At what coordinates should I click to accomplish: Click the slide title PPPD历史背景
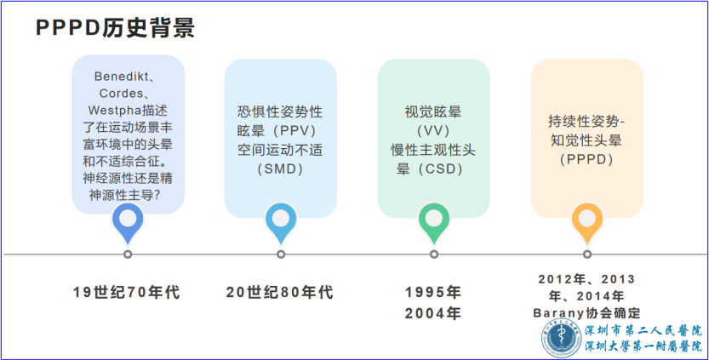pyautogui.click(x=115, y=28)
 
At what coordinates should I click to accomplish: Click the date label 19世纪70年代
pyautogui.click(x=127, y=292)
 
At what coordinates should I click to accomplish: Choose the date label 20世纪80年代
pyautogui.click(x=280, y=292)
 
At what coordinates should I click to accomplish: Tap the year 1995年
pyautogui.click(x=433, y=292)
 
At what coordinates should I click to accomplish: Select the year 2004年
pyautogui.click(x=433, y=313)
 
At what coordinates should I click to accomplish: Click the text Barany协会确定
pyautogui.click(x=587, y=313)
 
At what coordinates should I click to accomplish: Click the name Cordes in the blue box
pyautogui.click(x=121, y=94)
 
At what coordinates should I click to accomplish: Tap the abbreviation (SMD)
pyautogui.click(x=280, y=169)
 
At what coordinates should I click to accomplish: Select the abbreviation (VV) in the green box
pyautogui.click(x=433, y=131)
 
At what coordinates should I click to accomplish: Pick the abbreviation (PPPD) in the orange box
pyautogui.click(x=586, y=160)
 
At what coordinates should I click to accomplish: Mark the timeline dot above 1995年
pyautogui.click(x=434, y=254)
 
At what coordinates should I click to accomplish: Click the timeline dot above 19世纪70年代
pyautogui.click(x=128, y=254)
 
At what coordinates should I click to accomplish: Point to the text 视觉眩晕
pyautogui.click(x=433, y=111)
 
